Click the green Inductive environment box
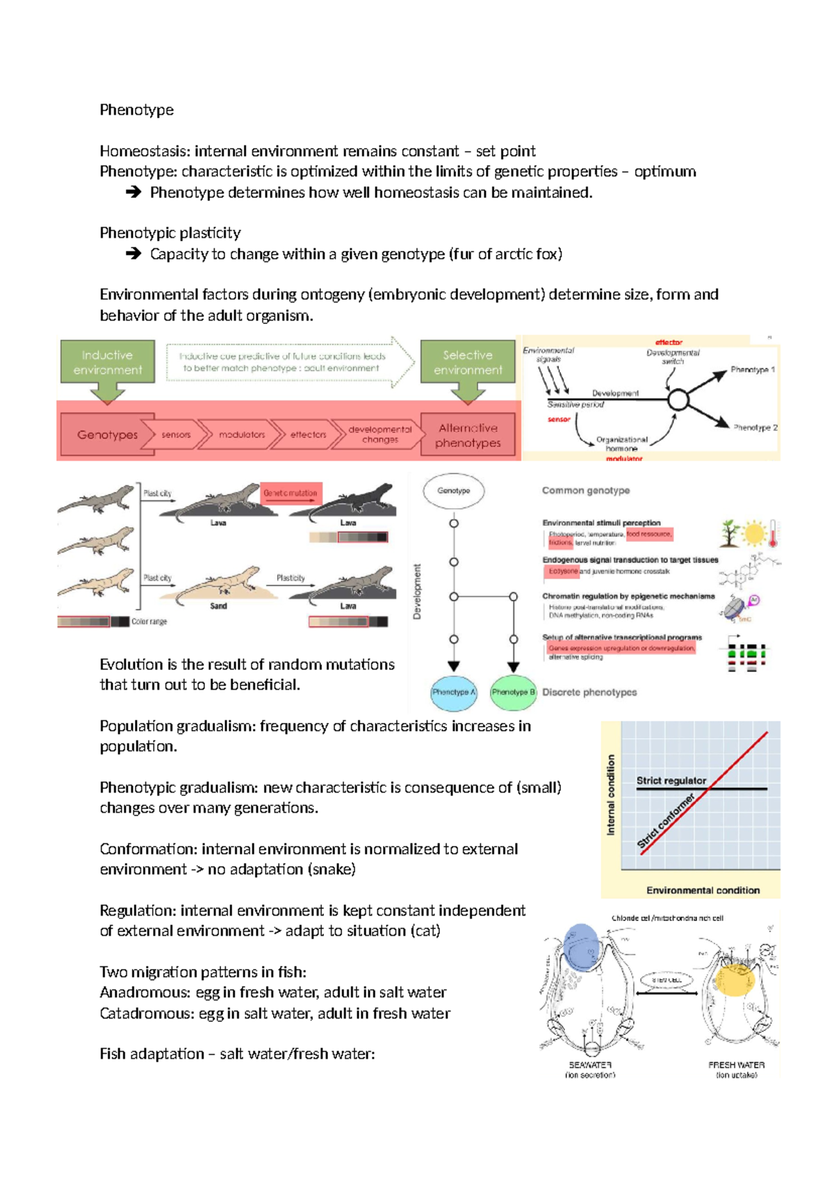pyautogui.click(x=107, y=362)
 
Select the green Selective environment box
pyautogui.click(x=468, y=362)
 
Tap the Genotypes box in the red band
pyautogui.click(x=107, y=434)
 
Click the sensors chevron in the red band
pyautogui.click(x=176, y=434)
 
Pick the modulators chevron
pyautogui.click(x=241, y=434)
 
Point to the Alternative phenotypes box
pyautogui.click(x=468, y=435)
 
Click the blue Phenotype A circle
pyautogui.click(x=454, y=692)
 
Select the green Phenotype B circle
pyautogui.click(x=513, y=692)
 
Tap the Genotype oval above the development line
pyautogui.click(x=454, y=491)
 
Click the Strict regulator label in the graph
pyautogui.click(x=671, y=781)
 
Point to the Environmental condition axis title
pyautogui.click(x=703, y=890)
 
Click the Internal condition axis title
pyautogui.click(x=612, y=795)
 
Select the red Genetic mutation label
pyautogui.click(x=291, y=493)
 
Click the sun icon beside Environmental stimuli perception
pyautogui.click(x=753, y=534)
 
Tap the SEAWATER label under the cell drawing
pyautogui.click(x=590, y=1065)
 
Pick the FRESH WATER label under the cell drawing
pyautogui.click(x=736, y=1065)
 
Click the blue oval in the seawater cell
pyautogui.click(x=581, y=946)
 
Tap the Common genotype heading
pyautogui.click(x=586, y=491)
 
